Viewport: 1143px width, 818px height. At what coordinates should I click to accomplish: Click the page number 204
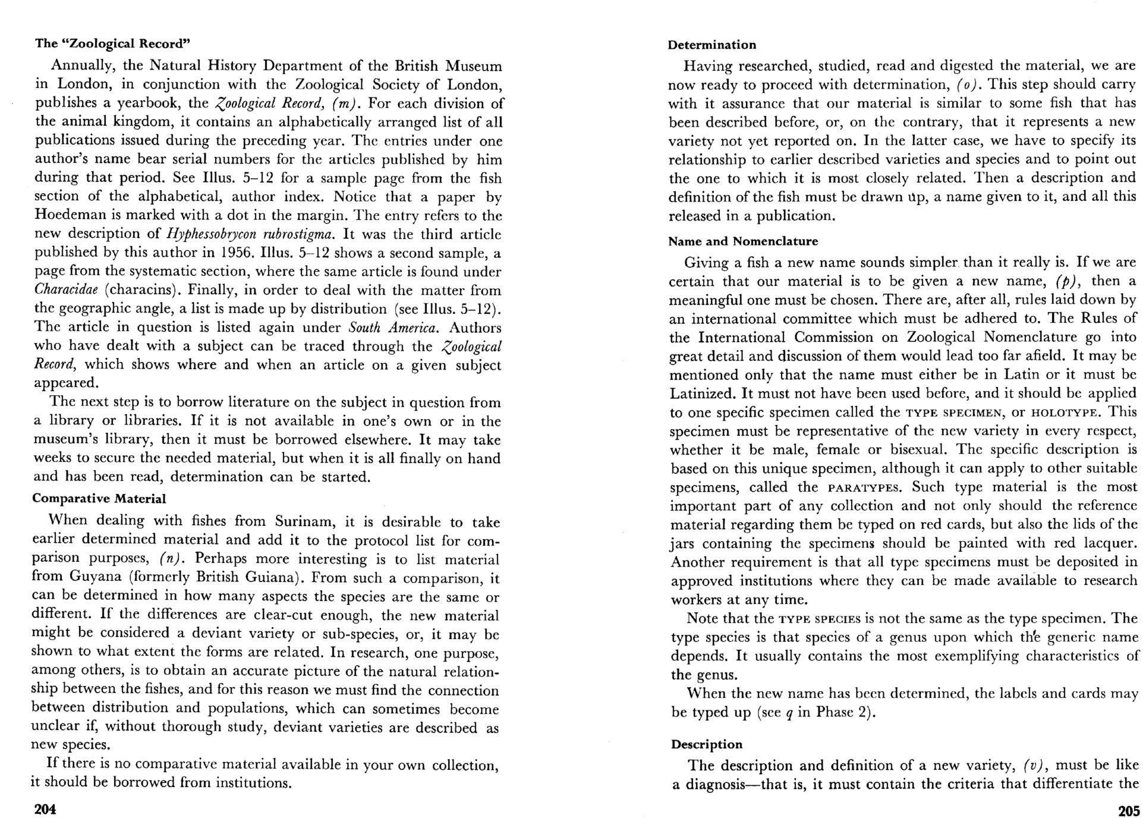click(45, 809)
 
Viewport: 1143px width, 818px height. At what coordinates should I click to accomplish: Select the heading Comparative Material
click(99, 498)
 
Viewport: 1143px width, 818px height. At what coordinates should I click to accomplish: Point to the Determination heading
click(712, 45)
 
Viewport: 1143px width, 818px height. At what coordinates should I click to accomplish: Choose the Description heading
click(707, 744)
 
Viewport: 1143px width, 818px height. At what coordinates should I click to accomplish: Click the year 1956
click(237, 253)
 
